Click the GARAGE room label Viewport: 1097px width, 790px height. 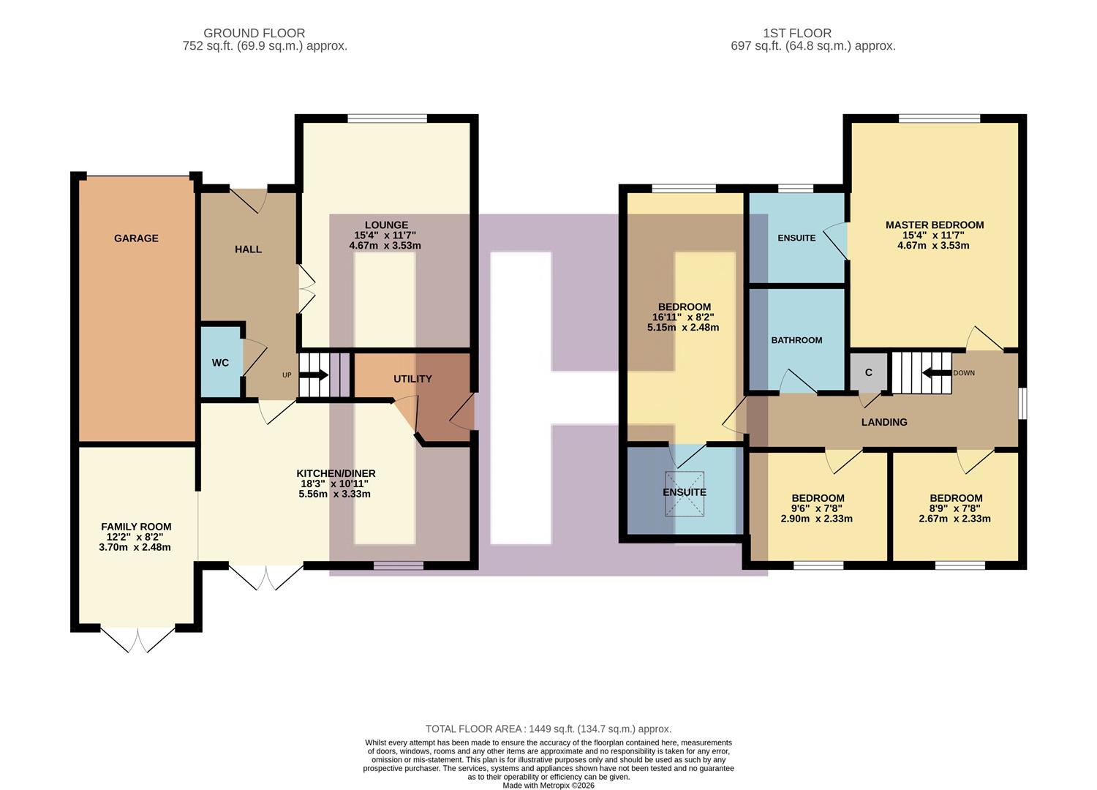(136, 238)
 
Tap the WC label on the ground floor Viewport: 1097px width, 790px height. (220, 363)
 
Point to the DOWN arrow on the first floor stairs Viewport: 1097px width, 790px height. (936, 373)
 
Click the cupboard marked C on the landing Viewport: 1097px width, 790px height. (868, 372)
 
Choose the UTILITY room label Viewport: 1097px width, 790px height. (412, 379)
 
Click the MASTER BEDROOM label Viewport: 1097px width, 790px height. (934, 225)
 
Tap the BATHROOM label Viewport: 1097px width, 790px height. (796, 340)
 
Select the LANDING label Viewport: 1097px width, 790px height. (883, 422)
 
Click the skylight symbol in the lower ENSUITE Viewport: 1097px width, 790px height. (685, 494)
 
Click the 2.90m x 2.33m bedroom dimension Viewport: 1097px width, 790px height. (816, 519)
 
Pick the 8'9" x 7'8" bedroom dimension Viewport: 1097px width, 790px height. (955, 508)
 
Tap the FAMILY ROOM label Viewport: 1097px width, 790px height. (136, 527)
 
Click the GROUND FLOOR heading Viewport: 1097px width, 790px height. (254, 33)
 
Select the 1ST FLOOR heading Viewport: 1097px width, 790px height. (796, 33)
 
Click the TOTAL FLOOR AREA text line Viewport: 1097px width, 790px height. (548, 729)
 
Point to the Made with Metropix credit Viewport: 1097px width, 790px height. (548, 786)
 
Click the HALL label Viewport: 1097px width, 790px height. (248, 249)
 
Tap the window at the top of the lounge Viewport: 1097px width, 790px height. (387, 118)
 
